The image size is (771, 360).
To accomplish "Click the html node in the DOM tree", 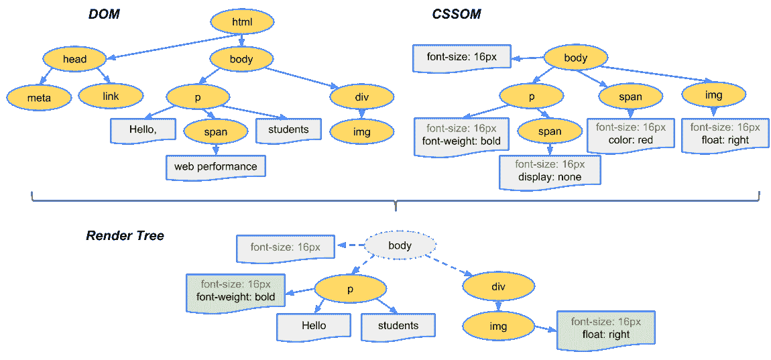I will (241, 23).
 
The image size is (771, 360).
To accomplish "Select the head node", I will (74, 59).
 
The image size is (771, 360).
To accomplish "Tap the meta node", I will (39, 98).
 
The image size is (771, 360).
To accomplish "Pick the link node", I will (111, 97).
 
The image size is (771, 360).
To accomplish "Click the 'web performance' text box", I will (216, 166).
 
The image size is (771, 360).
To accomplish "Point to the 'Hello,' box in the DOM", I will (139, 129).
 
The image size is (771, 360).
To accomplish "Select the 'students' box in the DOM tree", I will (288, 129).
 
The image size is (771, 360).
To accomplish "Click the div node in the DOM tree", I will (361, 98).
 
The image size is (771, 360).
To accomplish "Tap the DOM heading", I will (104, 14).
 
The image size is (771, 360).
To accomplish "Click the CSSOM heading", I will (456, 14).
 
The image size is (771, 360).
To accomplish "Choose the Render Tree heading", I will (125, 236).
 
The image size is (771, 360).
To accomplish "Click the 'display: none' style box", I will (550, 170).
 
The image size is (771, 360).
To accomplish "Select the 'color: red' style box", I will (630, 133).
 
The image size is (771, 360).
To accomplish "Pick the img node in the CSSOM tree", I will (714, 95).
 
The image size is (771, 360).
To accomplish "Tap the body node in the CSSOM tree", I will (575, 58).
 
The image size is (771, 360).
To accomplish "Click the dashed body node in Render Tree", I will (400, 246).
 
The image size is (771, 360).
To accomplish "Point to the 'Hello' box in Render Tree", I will (313, 326).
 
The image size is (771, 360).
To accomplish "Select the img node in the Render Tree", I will (498, 326).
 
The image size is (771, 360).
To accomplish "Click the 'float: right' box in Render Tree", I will (605, 328).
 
